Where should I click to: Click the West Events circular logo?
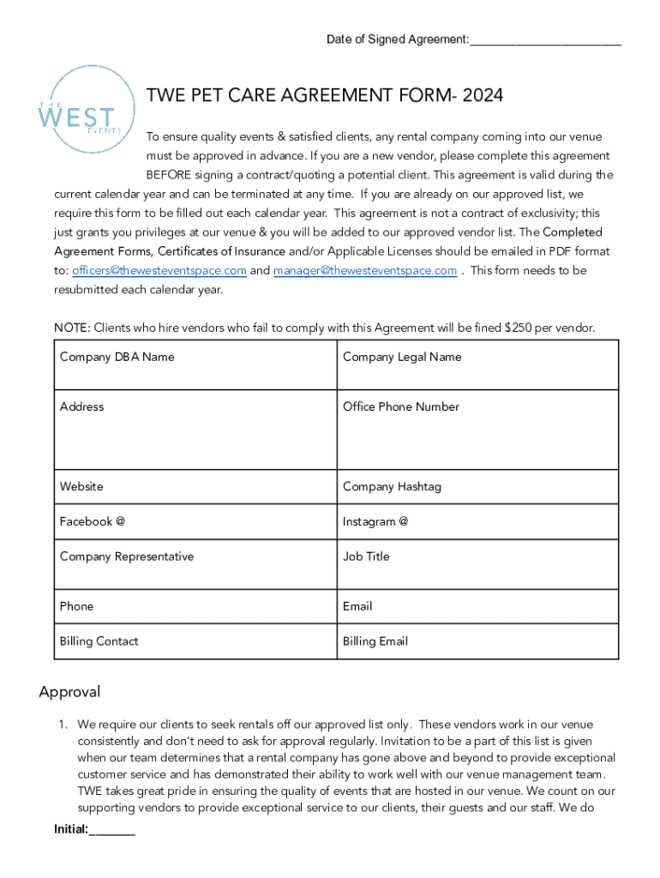point(87,110)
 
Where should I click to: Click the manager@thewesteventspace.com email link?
point(365,271)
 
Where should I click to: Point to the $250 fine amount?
point(520,328)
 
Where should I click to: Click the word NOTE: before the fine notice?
point(72,328)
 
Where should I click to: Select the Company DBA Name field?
point(195,365)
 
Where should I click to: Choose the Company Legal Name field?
point(477,365)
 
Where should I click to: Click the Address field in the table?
point(195,430)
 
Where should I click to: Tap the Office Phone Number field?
point(477,430)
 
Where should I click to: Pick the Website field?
point(195,486)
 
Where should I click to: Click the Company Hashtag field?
point(477,486)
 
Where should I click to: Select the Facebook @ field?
point(195,521)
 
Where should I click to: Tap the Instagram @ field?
point(477,521)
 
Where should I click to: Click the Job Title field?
point(477,564)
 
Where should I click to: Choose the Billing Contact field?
point(195,641)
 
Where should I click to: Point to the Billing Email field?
point(477,641)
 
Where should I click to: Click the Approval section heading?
point(69,692)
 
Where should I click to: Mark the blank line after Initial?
point(112,831)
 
